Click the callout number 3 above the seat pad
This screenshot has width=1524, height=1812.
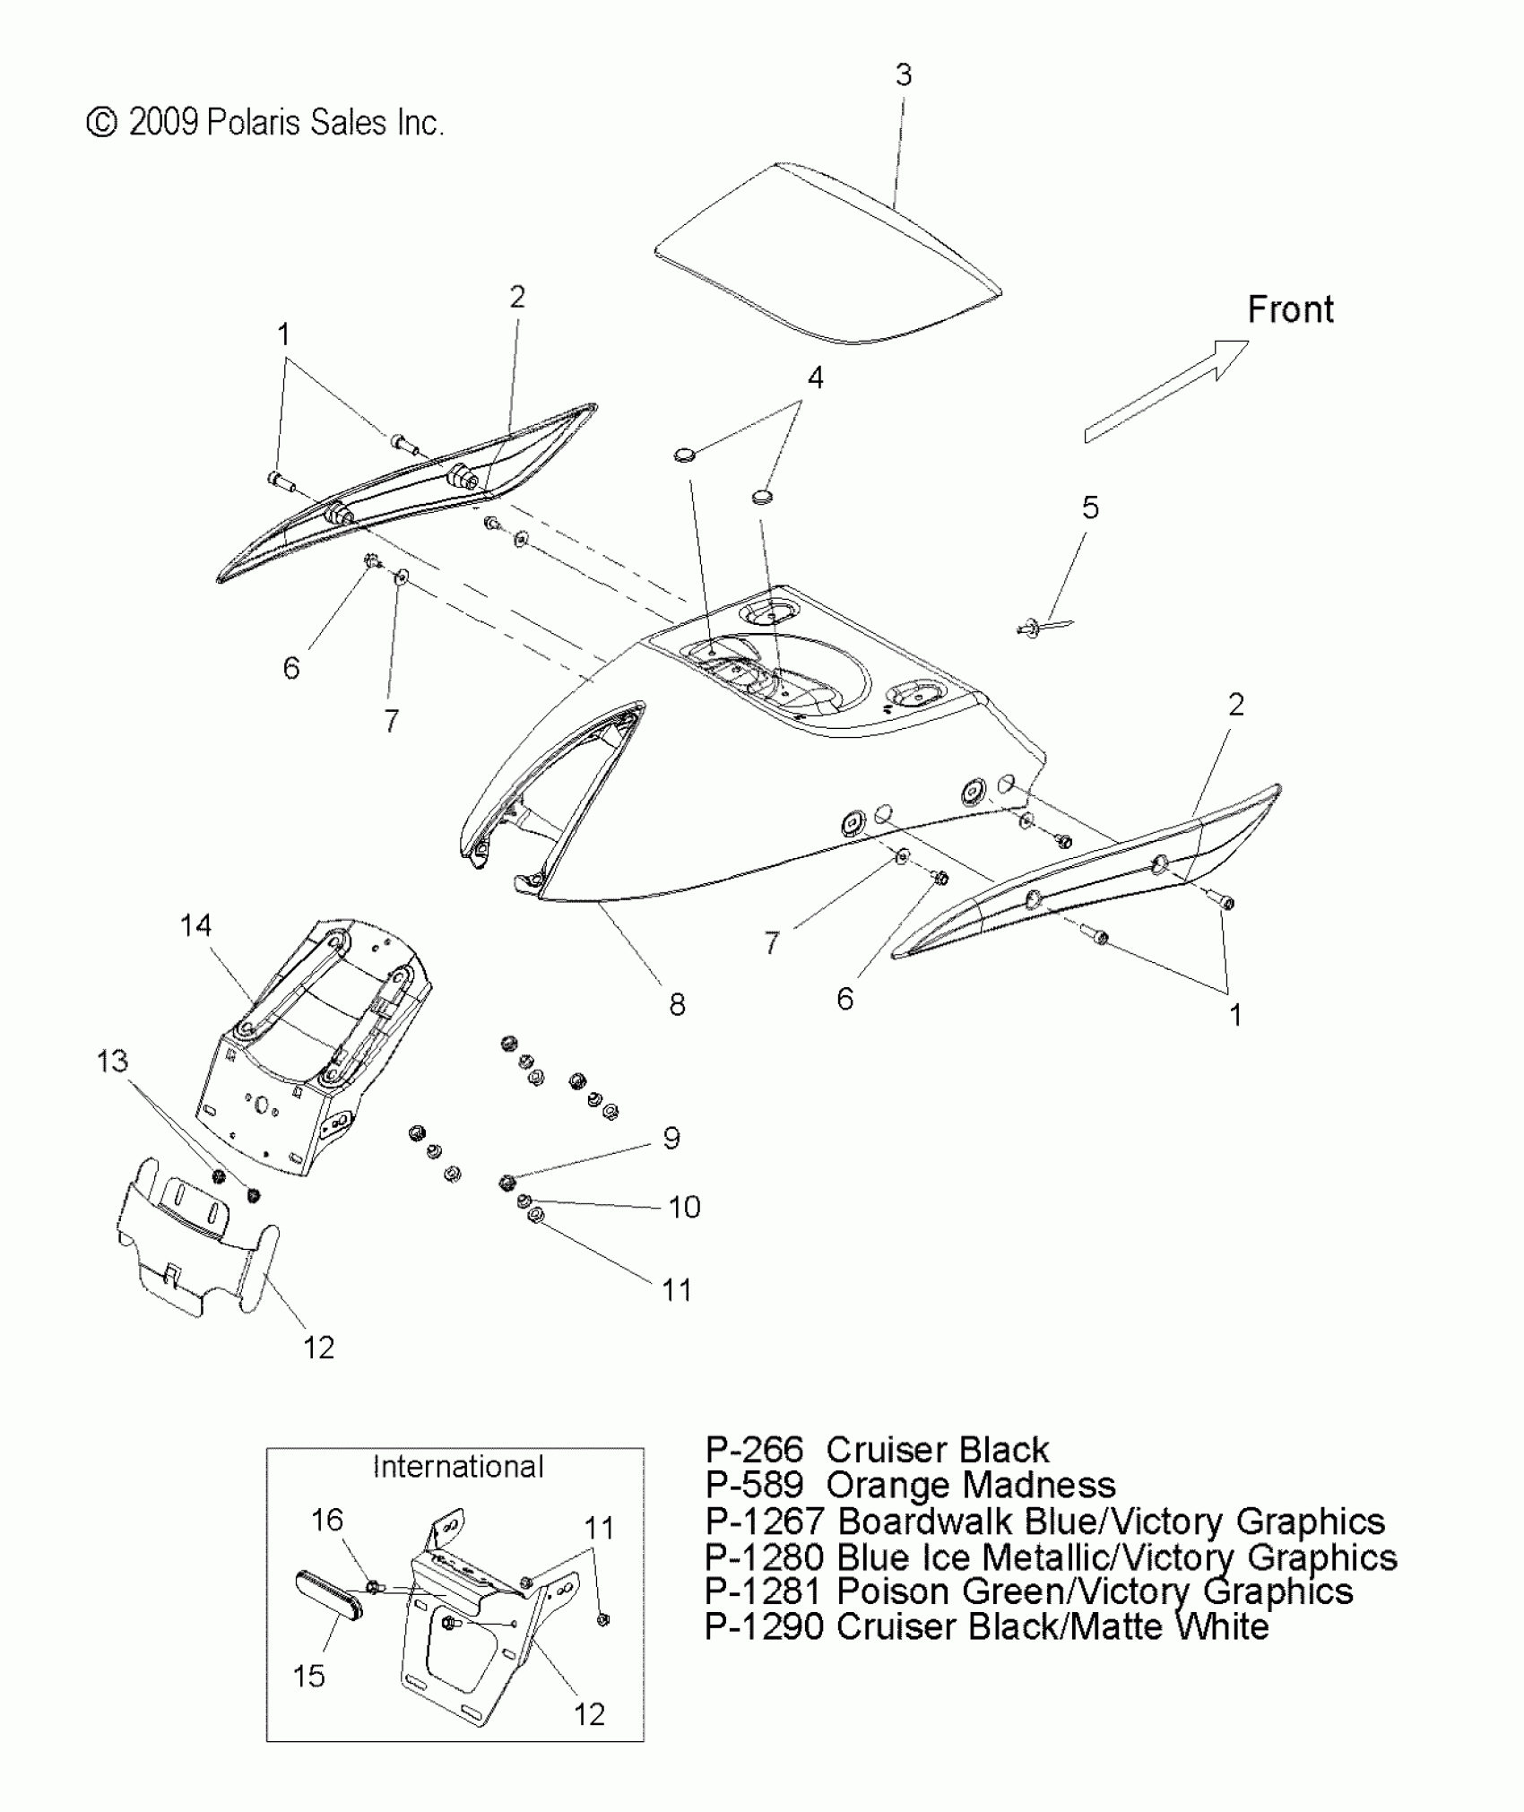tap(903, 74)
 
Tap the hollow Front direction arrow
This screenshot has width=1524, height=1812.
tap(1165, 391)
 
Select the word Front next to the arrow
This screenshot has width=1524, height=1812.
tap(1290, 310)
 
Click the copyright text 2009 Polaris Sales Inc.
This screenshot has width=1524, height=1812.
tap(265, 123)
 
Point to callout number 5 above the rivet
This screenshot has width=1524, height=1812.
tap(1089, 507)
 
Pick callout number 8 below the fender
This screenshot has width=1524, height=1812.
tap(677, 1004)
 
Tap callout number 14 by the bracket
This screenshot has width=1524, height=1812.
tap(195, 924)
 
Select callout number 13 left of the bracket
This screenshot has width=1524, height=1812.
tap(112, 1061)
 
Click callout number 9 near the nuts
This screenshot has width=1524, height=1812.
tap(671, 1138)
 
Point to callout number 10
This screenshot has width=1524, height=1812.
tap(684, 1207)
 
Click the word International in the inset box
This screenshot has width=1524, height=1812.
tap(458, 1467)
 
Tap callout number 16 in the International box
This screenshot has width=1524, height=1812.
tap(326, 1520)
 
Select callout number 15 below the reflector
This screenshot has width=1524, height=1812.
tap(309, 1676)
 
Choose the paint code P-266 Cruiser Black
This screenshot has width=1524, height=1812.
tap(876, 1450)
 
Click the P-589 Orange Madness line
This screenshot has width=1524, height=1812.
tap(909, 1486)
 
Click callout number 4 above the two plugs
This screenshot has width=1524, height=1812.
tap(815, 377)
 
